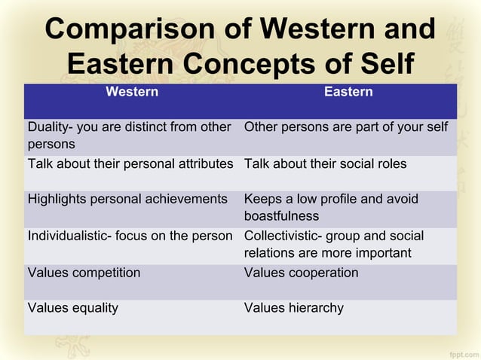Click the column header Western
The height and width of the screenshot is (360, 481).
pos(132,93)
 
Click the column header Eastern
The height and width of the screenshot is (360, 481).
pos(348,93)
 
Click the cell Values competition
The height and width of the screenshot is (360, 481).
pos(84,273)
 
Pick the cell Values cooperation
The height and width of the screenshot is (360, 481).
pos(301,273)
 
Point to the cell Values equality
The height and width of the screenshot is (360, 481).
pos(72,307)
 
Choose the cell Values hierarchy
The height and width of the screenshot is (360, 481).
pos(293,307)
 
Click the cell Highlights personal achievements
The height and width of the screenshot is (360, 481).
pos(127,200)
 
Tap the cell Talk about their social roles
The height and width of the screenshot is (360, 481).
pos(325,163)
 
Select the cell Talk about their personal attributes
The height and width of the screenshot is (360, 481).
pos(130,163)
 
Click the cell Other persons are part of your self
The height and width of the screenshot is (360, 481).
pos(346,127)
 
